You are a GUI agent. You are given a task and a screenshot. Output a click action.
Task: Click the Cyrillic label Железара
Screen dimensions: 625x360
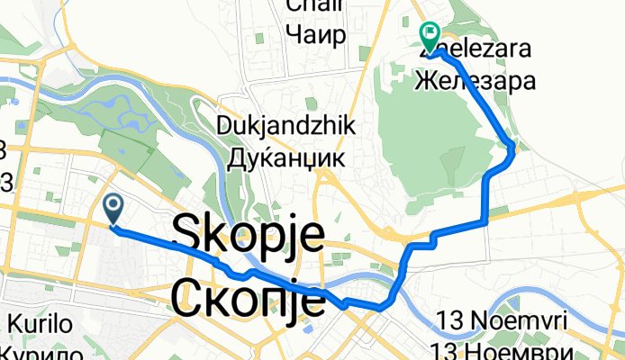click(476, 81)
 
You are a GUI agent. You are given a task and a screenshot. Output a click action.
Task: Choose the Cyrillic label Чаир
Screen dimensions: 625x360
click(314, 35)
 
